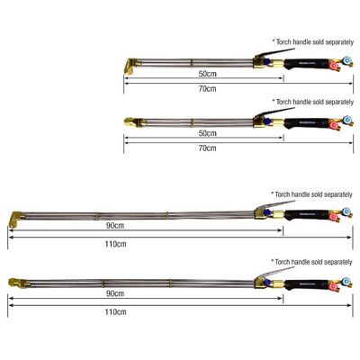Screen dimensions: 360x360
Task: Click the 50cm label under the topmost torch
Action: click(207, 74)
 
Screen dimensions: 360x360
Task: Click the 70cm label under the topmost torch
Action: click(207, 88)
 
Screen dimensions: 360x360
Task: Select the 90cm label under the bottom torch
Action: click(115, 293)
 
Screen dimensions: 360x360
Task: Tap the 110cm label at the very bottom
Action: click(115, 311)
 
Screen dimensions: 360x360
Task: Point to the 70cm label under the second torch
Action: click(207, 148)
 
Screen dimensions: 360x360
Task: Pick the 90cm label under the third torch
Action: click(115, 225)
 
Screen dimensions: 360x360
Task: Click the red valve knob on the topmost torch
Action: click(333, 66)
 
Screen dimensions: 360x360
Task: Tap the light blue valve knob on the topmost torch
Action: click(347, 60)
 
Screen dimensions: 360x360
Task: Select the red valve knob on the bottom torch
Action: click(332, 286)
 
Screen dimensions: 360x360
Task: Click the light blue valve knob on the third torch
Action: click(346, 211)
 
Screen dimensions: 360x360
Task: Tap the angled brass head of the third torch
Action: click(16, 219)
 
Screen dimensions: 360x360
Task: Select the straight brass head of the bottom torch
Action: click(17, 283)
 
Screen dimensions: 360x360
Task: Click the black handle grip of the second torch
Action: click(306, 123)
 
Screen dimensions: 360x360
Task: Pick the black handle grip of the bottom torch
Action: click(306, 284)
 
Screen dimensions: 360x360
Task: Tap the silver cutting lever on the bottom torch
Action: click(274, 273)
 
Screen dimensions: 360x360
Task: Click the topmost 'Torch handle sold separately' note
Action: click(313, 42)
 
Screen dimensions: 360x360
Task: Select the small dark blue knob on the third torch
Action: click(267, 212)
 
